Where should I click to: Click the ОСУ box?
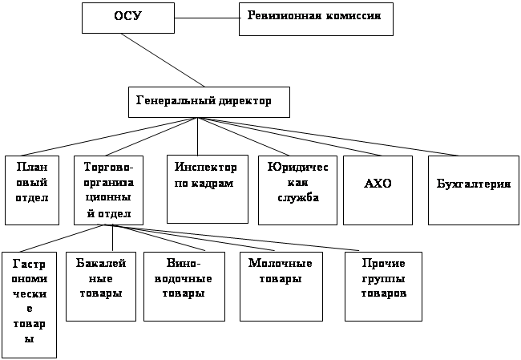point(128,17)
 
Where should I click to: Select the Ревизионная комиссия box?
point(316,18)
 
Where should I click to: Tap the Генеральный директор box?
point(208,102)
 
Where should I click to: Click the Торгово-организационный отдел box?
point(108,189)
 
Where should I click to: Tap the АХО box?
point(378,189)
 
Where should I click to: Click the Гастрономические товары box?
point(30,305)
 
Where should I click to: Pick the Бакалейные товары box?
point(100,286)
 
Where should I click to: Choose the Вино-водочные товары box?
point(183,286)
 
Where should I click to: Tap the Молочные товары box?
point(276,286)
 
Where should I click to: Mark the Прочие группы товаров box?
point(383,286)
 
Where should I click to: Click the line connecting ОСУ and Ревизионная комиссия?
point(207,18)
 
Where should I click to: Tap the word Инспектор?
point(206,168)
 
